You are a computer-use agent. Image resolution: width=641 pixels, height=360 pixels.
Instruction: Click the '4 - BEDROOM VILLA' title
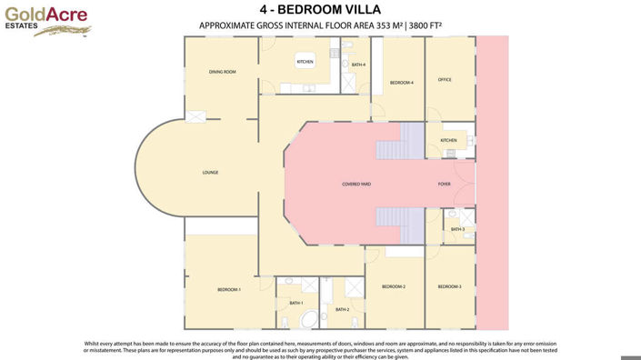319,10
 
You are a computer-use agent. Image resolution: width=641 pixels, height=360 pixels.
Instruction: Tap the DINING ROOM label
222,72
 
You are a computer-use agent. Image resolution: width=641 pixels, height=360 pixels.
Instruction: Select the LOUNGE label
210,172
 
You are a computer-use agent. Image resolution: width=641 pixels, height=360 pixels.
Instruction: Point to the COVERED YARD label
356,184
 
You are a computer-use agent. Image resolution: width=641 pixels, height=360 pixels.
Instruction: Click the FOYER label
444,184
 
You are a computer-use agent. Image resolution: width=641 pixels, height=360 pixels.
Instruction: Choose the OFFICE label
445,80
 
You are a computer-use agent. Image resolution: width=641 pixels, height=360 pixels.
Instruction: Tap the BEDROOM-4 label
401,83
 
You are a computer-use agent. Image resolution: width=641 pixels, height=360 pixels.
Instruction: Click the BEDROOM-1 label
228,289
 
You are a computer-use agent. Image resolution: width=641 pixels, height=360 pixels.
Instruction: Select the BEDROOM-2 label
393,286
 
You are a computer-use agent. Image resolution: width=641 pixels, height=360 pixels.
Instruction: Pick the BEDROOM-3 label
449,286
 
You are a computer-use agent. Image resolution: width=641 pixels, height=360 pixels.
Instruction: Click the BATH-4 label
358,65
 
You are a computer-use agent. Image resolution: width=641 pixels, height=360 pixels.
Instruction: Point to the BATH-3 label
457,229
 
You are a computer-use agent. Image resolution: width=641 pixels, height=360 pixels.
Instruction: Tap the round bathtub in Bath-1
309,319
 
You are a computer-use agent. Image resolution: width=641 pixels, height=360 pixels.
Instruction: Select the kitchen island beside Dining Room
305,61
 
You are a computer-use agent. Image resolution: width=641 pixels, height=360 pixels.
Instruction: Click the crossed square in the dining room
195,115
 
